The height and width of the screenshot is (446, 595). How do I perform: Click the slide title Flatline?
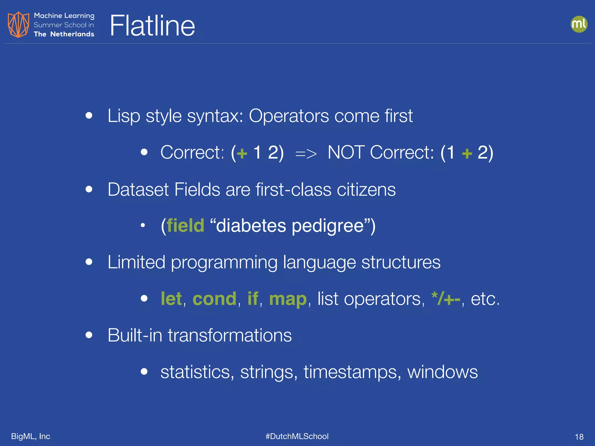coord(152,26)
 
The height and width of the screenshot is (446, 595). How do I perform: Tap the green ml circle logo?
coord(579,24)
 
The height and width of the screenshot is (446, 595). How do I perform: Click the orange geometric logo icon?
coord(18,25)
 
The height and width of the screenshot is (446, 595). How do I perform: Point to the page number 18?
coord(579,437)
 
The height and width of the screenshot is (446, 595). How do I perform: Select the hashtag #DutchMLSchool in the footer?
coord(297,436)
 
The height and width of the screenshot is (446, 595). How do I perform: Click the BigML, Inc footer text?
coord(31,436)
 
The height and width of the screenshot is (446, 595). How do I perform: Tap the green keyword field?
coord(185,226)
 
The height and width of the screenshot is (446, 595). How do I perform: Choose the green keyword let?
coord(171,299)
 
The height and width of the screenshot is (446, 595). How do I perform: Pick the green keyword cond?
coord(214,299)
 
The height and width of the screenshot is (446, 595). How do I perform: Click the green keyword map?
coord(288,299)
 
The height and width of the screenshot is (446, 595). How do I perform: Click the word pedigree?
coord(328,226)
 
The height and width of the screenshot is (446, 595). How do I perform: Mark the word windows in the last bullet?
coord(442,372)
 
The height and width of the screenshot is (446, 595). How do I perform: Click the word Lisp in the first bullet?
coord(124,116)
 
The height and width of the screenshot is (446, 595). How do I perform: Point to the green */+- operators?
coord(446,299)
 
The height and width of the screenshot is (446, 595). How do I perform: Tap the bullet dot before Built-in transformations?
coord(89,335)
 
